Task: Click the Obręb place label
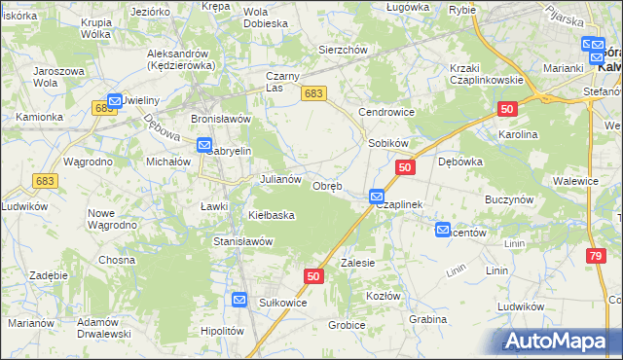[x=326, y=186]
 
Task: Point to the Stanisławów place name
[x=242, y=240]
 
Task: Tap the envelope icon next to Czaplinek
[x=377, y=198]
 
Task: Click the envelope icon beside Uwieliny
[x=115, y=100]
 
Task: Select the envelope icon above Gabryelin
[x=204, y=145]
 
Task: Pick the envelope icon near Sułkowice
[x=240, y=301]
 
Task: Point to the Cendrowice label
[x=386, y=112]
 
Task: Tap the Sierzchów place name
[x=342, y=50]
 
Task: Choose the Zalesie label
[x=357, y=263]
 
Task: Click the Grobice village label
[x=347, y=325]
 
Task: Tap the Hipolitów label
[x=221, y=331]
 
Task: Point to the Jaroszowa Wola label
[x=56, y=77]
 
